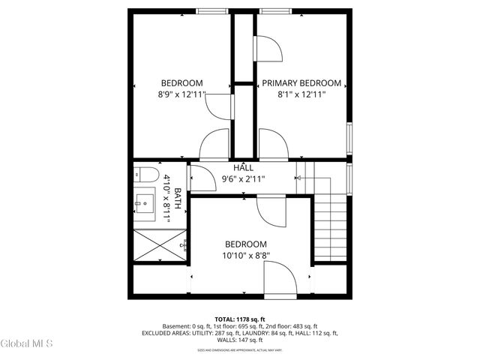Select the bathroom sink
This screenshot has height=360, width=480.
(x=145, y=202)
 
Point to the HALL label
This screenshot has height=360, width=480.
(x=243, y=168)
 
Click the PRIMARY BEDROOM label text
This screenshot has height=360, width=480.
(x=301, y=83)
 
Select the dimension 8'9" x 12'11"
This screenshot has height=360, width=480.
(x=181, y=94)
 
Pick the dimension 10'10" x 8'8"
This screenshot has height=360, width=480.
(x=246, y=256)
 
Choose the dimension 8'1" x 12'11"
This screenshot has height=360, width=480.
(x=301, y=94)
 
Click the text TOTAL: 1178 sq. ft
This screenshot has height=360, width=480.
(x=240, y=319)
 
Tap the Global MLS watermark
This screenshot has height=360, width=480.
(x=26, y=344)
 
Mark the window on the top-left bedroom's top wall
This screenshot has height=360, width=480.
(x=213, y=11)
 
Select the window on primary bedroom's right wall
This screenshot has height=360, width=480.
(x=349, y=139)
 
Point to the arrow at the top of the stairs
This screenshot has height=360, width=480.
(x=298, y=178)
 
